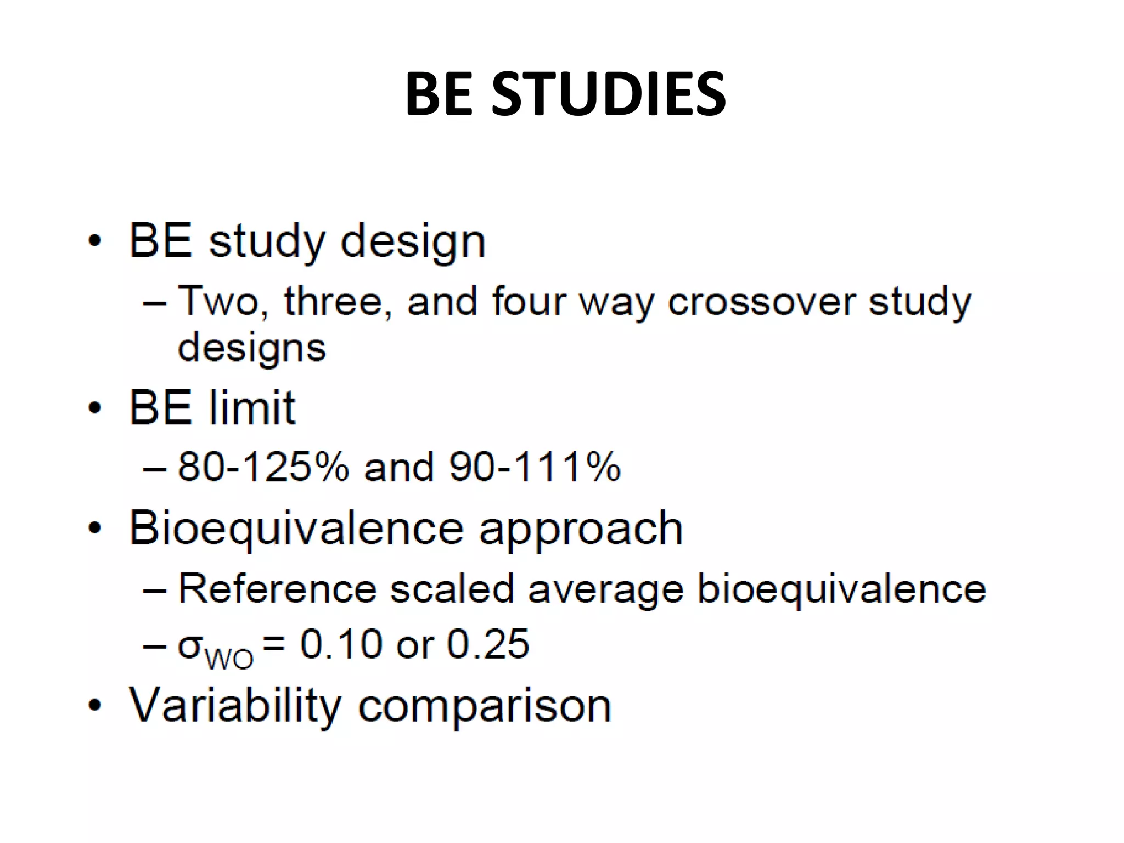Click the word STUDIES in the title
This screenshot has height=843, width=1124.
(x=609, y=94)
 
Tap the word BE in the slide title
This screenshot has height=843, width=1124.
(x=439, y=94)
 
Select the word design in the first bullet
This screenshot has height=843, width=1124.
(x=413, y=242)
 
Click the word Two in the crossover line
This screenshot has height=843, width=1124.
(x=218, y=301)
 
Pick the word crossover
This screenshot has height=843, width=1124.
(x=762, y=301)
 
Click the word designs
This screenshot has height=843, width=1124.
(x=252, y=348)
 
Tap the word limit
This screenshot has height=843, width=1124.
(x=252, y=408)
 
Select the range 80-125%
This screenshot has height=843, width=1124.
(x=263, y=467)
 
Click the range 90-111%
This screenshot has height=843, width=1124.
(x=535, y=467)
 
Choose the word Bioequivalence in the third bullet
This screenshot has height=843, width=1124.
(x=296, y=529)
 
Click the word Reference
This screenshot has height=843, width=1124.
(x=277, y=589)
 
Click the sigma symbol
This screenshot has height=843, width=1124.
(x=189, y=645)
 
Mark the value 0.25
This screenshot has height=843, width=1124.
(x=488, y=644)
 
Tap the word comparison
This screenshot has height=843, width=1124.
(x=485, y=707)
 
